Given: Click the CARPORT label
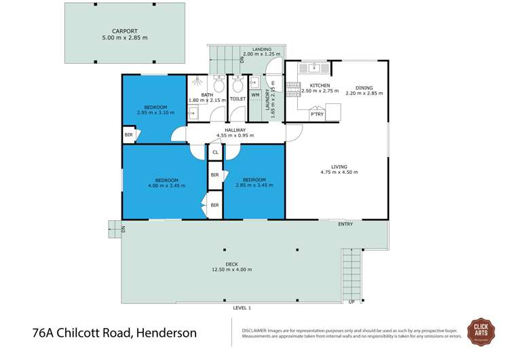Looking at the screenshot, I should [x=124, y=31].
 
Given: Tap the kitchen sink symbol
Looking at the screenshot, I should [x=315, y=67].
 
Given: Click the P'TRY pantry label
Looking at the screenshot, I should [x=317, y=115].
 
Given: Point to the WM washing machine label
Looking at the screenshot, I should [x=255, y=94].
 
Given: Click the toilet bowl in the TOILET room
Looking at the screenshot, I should [x=237, y=86].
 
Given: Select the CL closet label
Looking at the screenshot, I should [x=215, y=152].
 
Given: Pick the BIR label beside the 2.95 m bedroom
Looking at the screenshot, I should [x=128, y=135].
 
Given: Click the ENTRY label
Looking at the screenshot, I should [x=345, y=224].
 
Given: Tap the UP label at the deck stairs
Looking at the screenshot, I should [x=351, y=302].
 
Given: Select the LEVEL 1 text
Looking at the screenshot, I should [x=242, y=308].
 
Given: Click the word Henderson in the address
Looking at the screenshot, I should [x=166, y=333].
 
